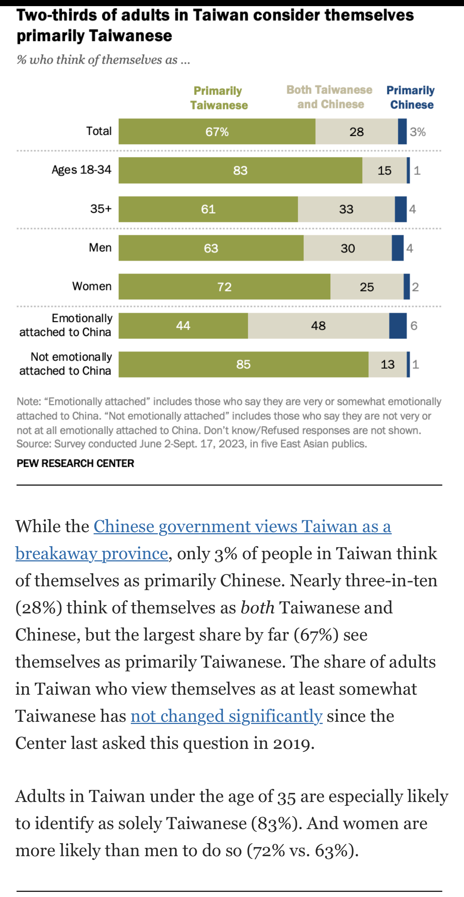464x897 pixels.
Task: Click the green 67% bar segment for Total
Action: click(x=217, y=131)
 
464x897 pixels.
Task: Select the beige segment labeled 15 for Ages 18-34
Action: click(x=384, y=171)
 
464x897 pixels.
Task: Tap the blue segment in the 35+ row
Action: click(x=400, y=209)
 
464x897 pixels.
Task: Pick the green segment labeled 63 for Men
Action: click(x=211, y=248)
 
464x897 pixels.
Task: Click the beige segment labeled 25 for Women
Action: click(x=366, y=287)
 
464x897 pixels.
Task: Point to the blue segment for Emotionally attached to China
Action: click(x=398, y=325)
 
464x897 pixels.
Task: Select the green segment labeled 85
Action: click(x=243, y=364)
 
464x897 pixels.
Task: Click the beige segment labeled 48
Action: click(x=318, y=325)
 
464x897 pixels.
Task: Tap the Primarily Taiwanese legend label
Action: click(x=219, y=98)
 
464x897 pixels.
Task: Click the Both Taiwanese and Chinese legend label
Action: click(x=329, y=97)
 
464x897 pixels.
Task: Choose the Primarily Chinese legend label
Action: click(x=411, y=98)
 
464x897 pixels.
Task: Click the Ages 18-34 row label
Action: click(x=81, y=170)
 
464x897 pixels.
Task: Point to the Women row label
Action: click(x=92, y=286)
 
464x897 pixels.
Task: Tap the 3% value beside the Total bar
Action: click(x=417, y=132)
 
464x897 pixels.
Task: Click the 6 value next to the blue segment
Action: click(x=414, y=325)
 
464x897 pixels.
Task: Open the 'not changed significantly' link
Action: click(x=226, y=716)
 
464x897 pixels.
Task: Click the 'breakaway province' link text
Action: click(x=91, y=553)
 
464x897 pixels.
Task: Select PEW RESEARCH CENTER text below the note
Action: click(x=75, y=463)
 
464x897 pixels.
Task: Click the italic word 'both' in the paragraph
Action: click(x=257, y=608)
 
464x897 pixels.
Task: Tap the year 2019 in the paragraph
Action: click(x=291, y=743)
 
